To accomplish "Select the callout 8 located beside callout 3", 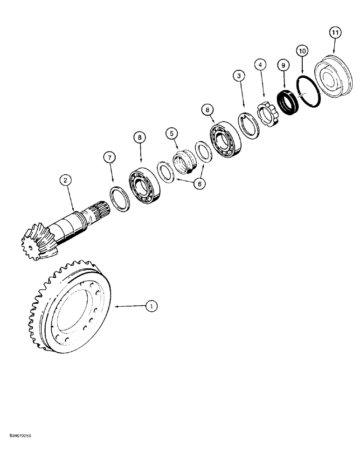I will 207,110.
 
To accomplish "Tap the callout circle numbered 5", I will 172,134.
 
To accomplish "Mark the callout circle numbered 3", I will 239,76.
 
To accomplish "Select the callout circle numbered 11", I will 335,33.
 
